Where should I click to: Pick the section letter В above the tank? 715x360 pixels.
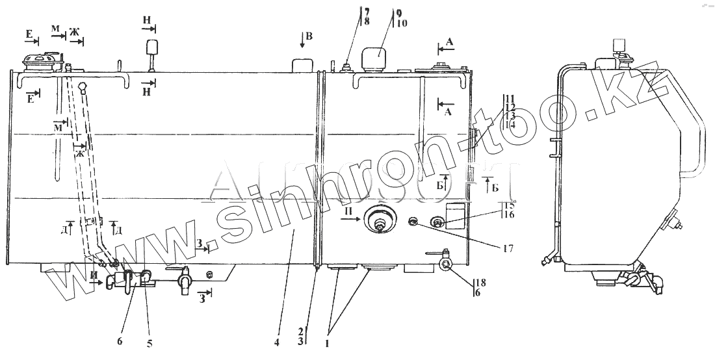point(309,36)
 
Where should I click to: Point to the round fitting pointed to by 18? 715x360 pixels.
point(445,264)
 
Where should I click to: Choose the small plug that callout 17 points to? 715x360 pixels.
point(412,223)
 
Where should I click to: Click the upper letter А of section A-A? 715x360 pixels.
point(450,40)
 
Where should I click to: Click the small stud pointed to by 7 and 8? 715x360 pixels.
point(346,65)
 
